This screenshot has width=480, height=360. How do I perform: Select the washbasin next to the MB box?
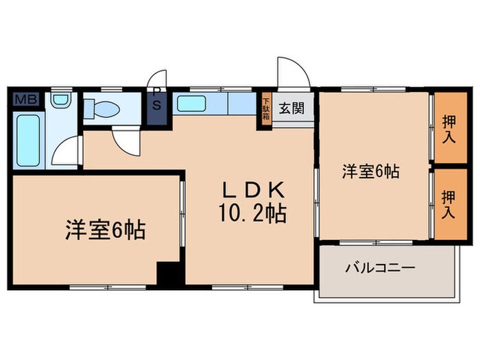(61, 101)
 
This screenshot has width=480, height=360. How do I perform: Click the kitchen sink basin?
(191, 104)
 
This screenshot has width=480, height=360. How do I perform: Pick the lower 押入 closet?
(448, 204)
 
